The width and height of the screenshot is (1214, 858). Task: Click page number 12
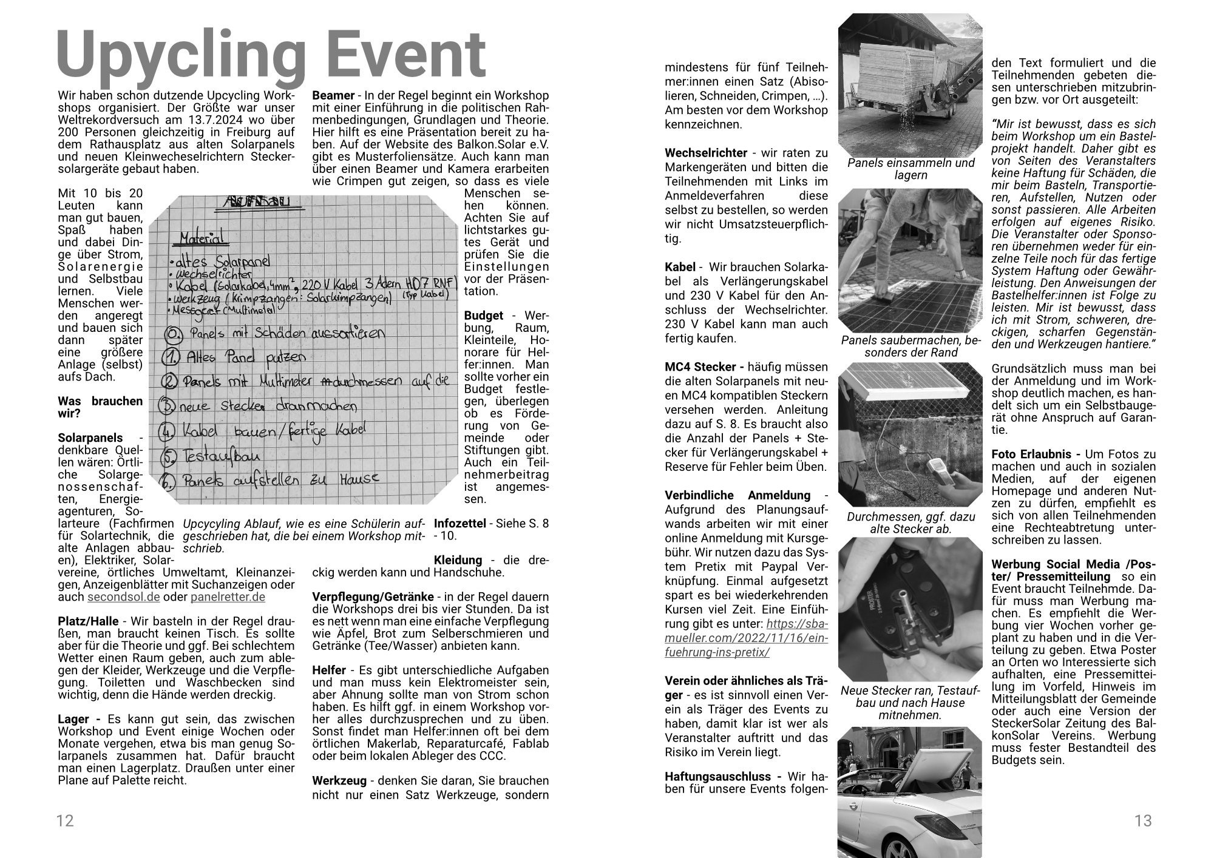[65, 820]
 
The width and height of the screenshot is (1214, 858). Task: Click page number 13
[1143, 820]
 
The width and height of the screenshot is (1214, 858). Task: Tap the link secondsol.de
[124, 596]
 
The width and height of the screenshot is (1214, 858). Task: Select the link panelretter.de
[228, 596]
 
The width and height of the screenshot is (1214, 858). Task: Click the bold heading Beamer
[333, 95]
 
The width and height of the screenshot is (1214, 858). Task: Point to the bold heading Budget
[483, 316]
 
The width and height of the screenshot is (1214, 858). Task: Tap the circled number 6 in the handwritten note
[170, 481]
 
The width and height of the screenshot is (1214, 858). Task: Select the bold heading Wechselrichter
[705, 153]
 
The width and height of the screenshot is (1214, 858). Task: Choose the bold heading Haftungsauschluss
[717, 776]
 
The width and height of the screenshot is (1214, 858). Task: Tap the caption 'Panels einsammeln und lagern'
[910, 169]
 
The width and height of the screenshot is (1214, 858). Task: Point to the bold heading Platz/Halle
[89, 621]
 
